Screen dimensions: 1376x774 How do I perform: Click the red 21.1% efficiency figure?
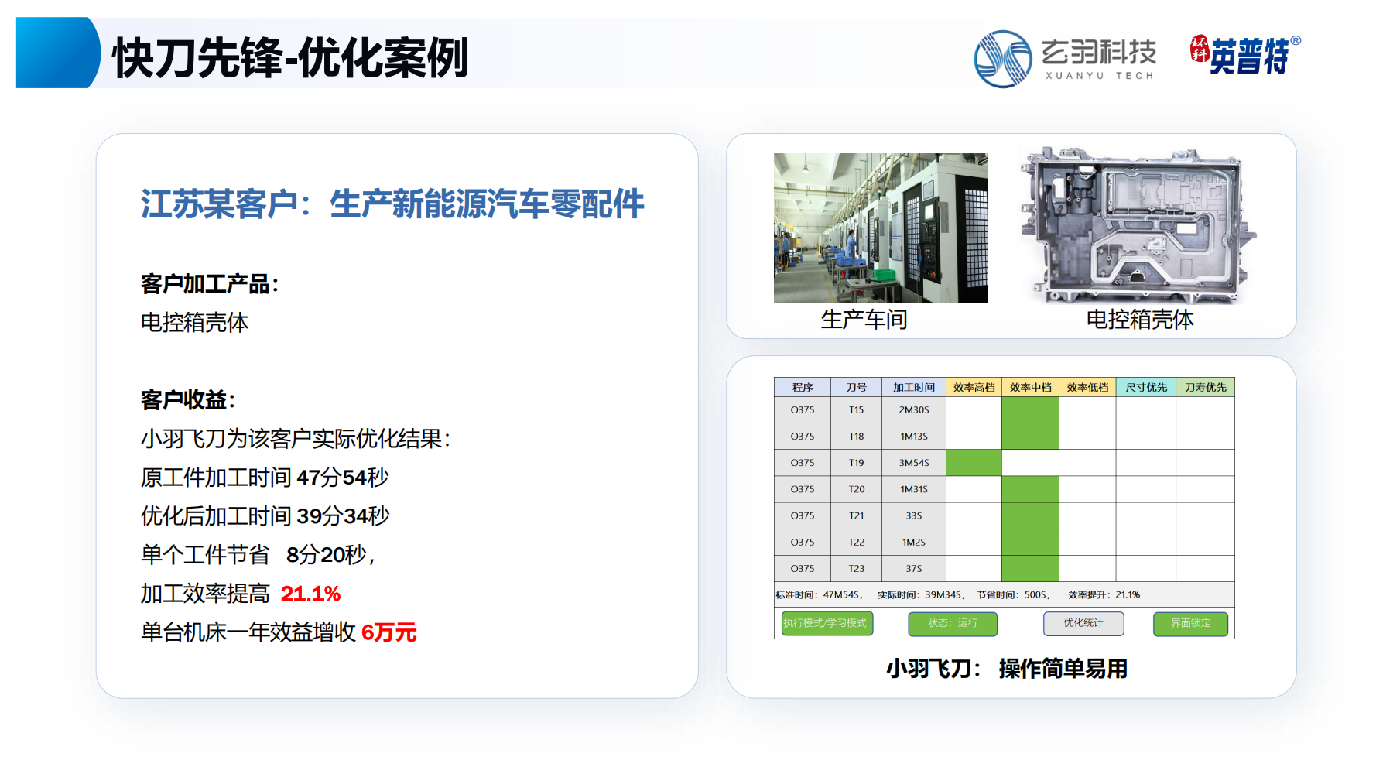point(310,594)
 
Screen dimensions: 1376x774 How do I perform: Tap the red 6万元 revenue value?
point(389,632)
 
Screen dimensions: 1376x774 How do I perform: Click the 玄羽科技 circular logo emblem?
point(1003,59)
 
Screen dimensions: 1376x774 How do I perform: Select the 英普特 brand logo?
point(1245,55)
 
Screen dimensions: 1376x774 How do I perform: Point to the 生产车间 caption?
point(864,319)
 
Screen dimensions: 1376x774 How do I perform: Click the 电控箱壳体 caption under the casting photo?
point(1140,319)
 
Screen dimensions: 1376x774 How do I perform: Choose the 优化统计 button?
point(1083,623)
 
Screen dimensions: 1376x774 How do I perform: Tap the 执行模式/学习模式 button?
point(827,623)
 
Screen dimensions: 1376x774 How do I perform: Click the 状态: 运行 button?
point(953,623)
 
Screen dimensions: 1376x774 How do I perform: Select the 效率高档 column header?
point(974,387)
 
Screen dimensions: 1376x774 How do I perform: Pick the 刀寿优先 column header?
point(1205,387)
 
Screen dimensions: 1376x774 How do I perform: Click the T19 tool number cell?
point(856,463)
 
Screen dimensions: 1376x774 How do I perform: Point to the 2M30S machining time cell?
point(914,409)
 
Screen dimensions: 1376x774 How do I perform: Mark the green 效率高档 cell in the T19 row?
point(974,463)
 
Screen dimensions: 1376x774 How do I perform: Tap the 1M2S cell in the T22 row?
point(914,542)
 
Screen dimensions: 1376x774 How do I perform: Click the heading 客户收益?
point(188,400)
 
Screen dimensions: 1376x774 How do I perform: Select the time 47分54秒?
point(343,478)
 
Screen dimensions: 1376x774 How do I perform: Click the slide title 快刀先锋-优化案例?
point(291,57)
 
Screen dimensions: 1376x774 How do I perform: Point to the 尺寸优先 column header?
point(1146,387)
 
